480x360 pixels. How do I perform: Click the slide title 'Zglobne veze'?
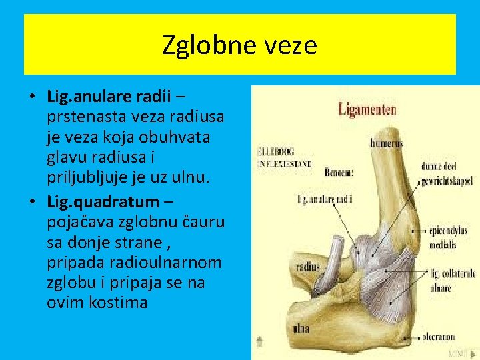point(239,45)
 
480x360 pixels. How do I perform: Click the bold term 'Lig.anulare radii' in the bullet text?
point(108,96)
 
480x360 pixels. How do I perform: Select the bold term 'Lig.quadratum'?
point(103,201)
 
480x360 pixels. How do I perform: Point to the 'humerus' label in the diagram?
point(387,142)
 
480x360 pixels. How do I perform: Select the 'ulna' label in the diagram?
point(302,329)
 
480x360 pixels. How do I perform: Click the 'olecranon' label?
point(438,337)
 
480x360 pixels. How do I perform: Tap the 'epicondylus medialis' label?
point(449,237)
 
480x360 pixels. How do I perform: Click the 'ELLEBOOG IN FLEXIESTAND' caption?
point(284,157)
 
